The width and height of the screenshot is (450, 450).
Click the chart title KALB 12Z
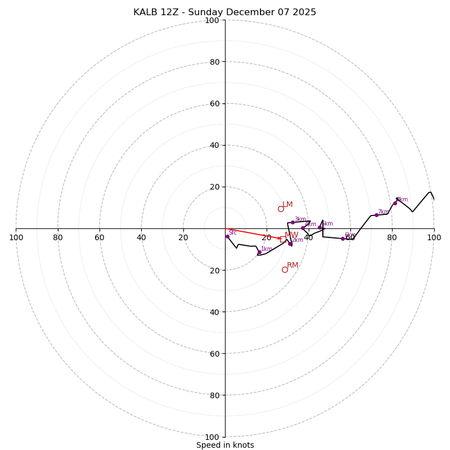tap(224, 12)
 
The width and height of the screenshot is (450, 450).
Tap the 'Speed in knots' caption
tap(225, 445)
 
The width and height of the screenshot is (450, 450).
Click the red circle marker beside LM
tap(281, 209)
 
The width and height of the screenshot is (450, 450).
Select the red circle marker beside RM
tap(285, 269)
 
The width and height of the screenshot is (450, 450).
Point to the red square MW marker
tap(283, 240)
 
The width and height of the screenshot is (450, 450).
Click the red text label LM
tap(287, 205)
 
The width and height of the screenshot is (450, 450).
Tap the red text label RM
tap(292, 265)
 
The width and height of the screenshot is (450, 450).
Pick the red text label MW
tap(291, 235)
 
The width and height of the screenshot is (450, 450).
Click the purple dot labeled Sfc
tap(227, 236)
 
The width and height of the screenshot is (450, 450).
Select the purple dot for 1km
tap(259, 252)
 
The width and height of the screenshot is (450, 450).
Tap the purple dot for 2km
tap(290, 244)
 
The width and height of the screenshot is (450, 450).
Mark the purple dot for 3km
tap(292, 222)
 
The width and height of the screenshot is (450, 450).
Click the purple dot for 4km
tap(303, 228)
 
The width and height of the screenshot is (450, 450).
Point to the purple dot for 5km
tap(319, 227)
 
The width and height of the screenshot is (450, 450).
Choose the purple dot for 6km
tap(343, 238)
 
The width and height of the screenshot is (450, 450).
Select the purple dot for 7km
tap(376, 215)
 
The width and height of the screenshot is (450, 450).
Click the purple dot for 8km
tap(395, 203)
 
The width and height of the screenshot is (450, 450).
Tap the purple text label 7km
tap(383, 212)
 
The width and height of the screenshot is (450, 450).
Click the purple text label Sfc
tap(232, 232)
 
